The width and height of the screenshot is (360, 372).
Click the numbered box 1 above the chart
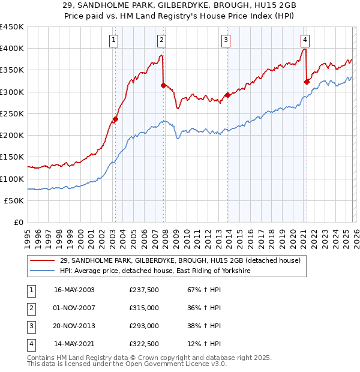click(114, 40)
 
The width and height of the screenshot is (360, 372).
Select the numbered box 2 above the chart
click(162, 40)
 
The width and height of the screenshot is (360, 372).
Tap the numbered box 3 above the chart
click(226, 40)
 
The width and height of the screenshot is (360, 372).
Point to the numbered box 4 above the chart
click(305, 40)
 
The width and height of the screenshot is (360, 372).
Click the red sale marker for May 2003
click(115, 119)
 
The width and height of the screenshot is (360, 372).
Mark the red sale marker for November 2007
click(163, 85)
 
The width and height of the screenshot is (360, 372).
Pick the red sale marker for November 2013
click(227, 95)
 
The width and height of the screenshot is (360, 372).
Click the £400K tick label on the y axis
click(12, 49)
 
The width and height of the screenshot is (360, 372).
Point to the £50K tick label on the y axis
click(14, 200)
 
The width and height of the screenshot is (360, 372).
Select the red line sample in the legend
click(44, 260)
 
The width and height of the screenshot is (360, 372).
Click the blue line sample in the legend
click(44, 271)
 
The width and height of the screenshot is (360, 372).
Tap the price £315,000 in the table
click(143, 308)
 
